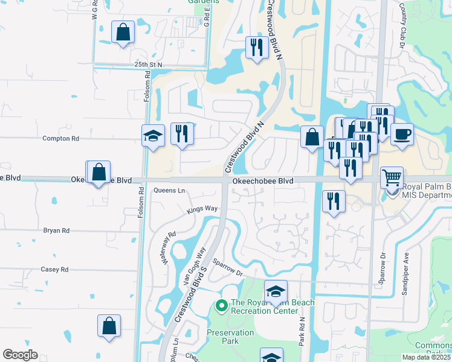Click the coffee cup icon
[x=402, y=134]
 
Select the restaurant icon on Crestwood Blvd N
[x=256, y=47]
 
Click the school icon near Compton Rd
[x=153, y=136]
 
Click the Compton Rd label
[x=60, y=138]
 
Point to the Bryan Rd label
[x=56, y=230]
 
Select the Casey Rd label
[x=54, y=270]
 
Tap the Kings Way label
[x=202, y=209]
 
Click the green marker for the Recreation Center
[x=221, y=307]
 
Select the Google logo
[x=20, y=355]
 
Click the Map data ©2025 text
[x=427, y=357]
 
